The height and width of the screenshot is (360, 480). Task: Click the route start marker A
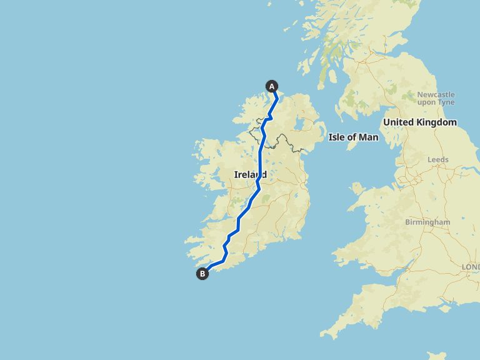272,86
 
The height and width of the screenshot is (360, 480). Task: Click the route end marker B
202,273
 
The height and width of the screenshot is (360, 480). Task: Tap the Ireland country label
250,174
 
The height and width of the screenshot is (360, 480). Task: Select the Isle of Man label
353,137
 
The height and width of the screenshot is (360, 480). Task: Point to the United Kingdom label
420,122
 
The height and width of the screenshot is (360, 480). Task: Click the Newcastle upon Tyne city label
436,98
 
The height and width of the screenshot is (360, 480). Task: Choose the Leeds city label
438,159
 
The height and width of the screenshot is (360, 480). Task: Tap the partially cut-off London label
470,267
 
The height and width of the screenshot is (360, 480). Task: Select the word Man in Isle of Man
369,137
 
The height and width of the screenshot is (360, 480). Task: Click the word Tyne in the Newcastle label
447,102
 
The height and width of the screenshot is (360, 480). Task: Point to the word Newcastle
436,94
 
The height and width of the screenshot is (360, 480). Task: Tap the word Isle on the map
337,137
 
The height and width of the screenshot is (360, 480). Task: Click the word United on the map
399,122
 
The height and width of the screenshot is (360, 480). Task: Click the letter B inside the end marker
202,273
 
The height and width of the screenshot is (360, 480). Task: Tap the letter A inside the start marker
272,86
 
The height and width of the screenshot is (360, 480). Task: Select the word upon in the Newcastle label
428,102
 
